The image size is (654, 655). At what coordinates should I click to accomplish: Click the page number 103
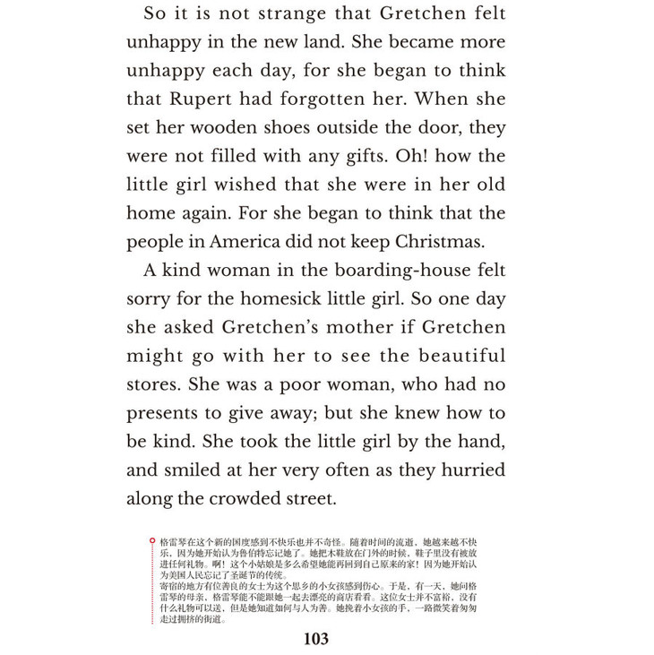pyautogui.click(x=316, y=639)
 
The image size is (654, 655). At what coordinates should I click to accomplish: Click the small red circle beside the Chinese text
pyautogui.click(x=151, y=541)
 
